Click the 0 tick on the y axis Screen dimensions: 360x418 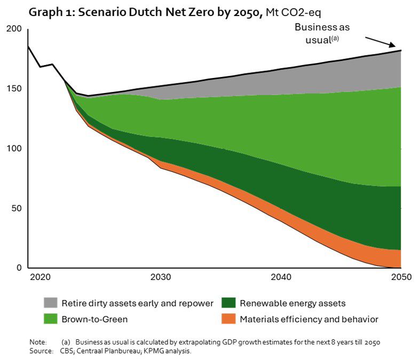(18, 268)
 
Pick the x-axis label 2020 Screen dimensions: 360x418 (40, 277)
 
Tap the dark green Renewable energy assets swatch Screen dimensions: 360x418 (228, 303)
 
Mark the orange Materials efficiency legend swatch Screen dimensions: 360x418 (228, 319)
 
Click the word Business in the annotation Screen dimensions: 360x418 (311, 27)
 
